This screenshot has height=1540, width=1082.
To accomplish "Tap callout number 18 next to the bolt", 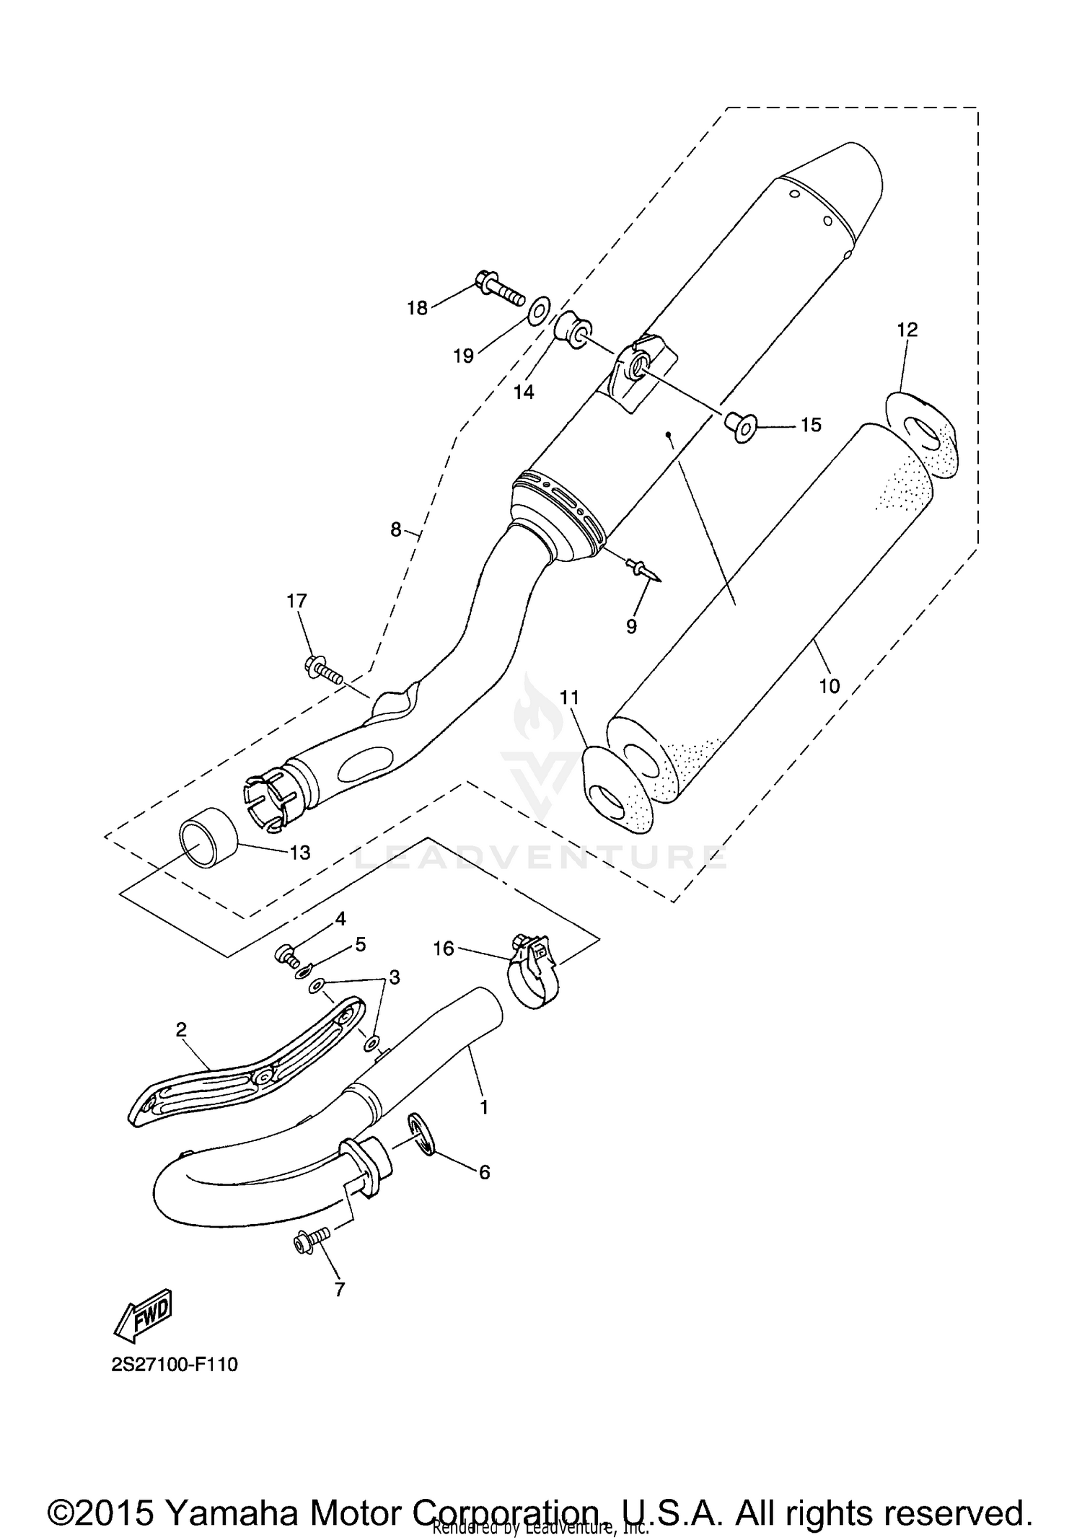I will [x=417, y=308].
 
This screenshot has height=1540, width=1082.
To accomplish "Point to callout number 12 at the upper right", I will [x=907, y=330].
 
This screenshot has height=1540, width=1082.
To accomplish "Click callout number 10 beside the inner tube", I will [x=829, y=685].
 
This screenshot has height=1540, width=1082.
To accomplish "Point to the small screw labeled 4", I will [x=287, y=956].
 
